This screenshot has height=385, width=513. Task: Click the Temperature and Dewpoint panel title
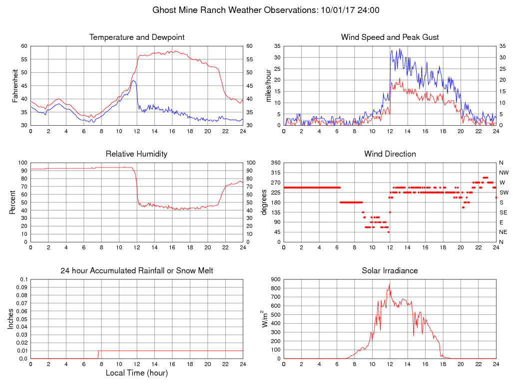click(137, 37)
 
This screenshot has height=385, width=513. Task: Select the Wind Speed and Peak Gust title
click(390, 37)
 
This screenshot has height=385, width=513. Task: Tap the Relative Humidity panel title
click(136, 154)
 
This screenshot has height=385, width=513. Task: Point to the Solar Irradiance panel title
click(390, 271)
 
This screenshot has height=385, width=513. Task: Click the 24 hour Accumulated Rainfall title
click(137, 271)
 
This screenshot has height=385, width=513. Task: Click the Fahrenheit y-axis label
click(15, 85)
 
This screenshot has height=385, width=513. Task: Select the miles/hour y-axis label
click(268, 85)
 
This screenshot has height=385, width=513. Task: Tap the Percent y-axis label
click(12, 202)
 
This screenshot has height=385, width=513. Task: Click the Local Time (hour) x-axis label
click(137, 373)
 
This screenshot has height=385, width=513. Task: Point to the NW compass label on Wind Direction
click(503, 173)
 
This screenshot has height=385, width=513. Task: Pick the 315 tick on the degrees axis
click(274, 173)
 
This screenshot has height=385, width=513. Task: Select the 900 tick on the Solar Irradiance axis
click(275, 279)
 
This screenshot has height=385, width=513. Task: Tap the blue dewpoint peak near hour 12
click(133, 80)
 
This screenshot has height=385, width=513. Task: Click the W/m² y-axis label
click(265, 319)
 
